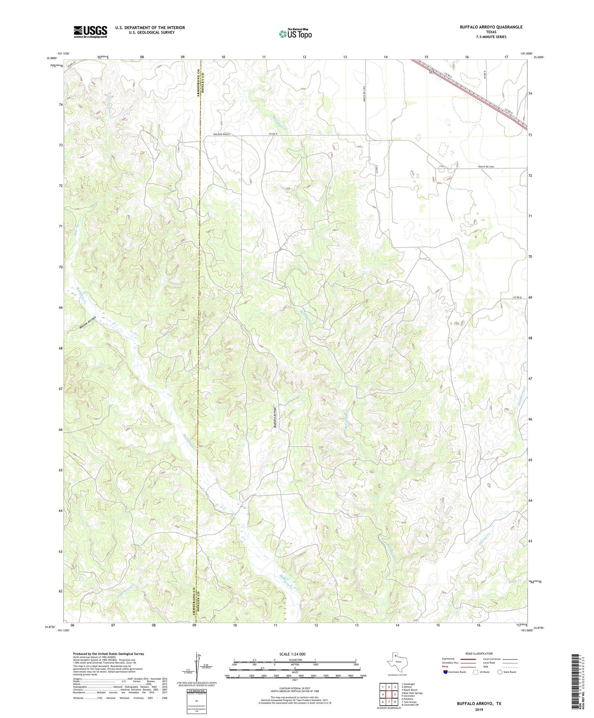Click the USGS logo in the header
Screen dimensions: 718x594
(x=90, y=32)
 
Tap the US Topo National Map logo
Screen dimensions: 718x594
(x=295, y=34)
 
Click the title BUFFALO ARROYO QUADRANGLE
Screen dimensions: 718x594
(x=485, y=27)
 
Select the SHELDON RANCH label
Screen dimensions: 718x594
(x=221, y=134)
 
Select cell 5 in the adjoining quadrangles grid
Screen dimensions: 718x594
(x=395, y=694)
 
